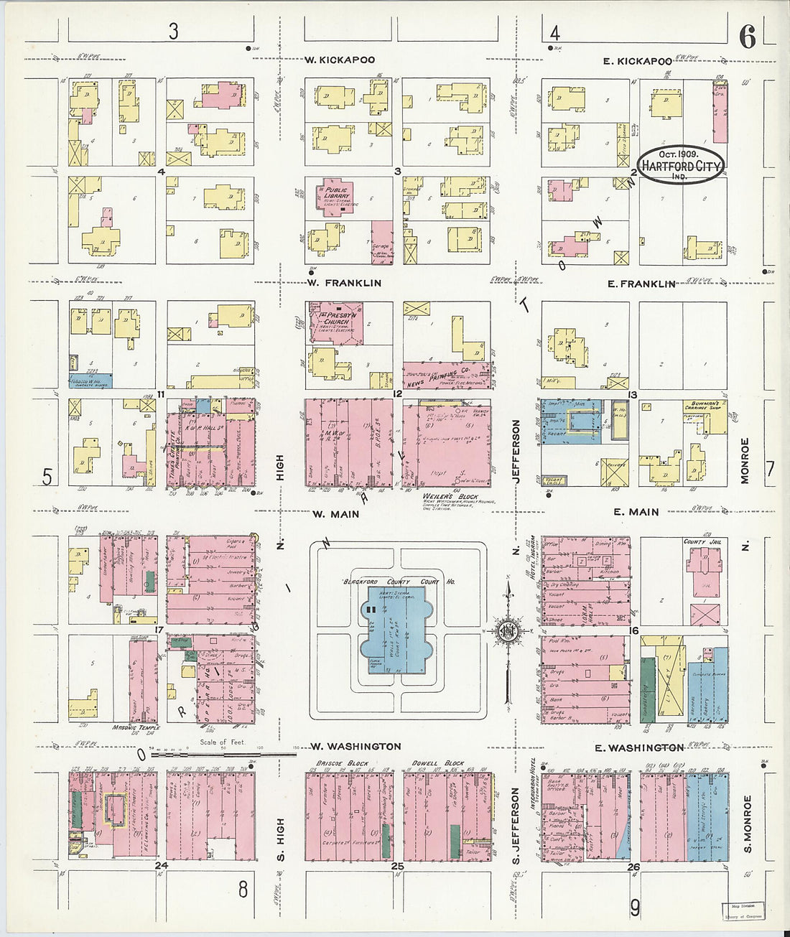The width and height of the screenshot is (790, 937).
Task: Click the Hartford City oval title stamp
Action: [680, 164]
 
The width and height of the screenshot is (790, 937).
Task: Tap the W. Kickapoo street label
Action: [339, 60]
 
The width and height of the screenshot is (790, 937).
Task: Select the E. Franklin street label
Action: [641, 284]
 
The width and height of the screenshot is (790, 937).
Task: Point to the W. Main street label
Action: [335, 514]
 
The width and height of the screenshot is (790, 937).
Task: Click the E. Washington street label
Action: [638, 747]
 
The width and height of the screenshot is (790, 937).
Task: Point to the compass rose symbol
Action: [508, 631]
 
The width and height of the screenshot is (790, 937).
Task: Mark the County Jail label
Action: [702, 542]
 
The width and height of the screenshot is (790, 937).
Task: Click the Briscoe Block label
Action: [342, 763]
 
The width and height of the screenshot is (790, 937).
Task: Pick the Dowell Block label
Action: [437, 763]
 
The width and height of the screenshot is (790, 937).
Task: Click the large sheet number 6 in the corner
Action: [748, 37]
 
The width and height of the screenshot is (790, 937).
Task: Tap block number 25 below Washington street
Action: [397, 867]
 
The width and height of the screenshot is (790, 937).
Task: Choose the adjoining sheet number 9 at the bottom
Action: [635, 908]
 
